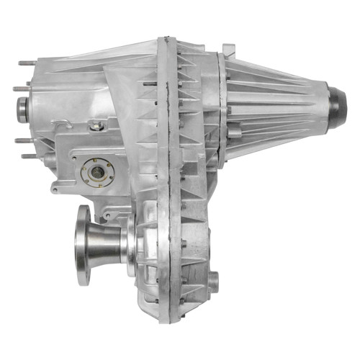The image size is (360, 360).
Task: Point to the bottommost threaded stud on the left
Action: tap(27, 156)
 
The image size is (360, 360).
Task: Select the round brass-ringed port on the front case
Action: tap(96, 172)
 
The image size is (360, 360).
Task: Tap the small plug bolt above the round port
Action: tap(96, 127)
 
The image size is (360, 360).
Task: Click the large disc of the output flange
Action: tap(83, 246)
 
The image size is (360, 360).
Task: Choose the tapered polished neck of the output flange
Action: tap(108, 245)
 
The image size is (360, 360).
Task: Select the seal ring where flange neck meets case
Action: tap(132, 246)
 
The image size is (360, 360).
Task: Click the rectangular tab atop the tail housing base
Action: tap(228, 50)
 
